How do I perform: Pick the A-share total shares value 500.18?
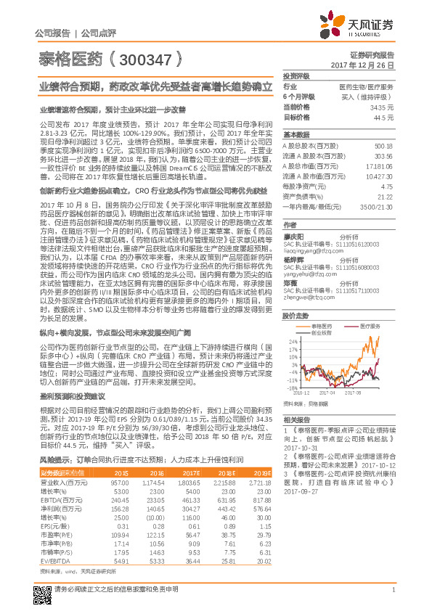pos(384,147)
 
